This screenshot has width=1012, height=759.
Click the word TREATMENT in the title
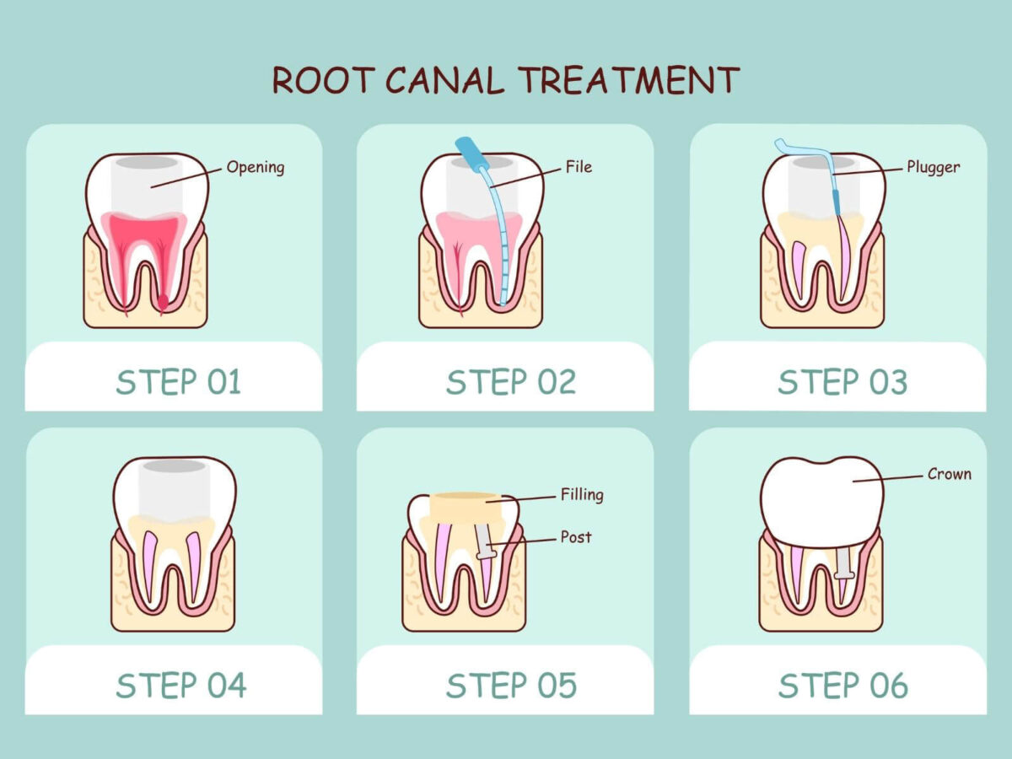click(628, 80)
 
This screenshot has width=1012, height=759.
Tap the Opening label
click(256, 167)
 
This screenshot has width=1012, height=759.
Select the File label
click(579, 167)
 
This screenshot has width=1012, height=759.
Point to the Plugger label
click(933, 167)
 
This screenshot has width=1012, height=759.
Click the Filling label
click(582, 494)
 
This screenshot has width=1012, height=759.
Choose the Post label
click(576, 536)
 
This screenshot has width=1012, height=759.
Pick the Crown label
click(949, 474)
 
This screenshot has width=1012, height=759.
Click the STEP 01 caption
click(179, 382)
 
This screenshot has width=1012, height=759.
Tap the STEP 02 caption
click(511, 382)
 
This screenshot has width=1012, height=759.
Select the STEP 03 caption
click(842, 382)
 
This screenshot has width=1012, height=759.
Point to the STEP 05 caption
click(511, 685)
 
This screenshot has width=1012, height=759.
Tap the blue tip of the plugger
click(837, 201)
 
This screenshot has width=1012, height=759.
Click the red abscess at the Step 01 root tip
click(164, 301)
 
